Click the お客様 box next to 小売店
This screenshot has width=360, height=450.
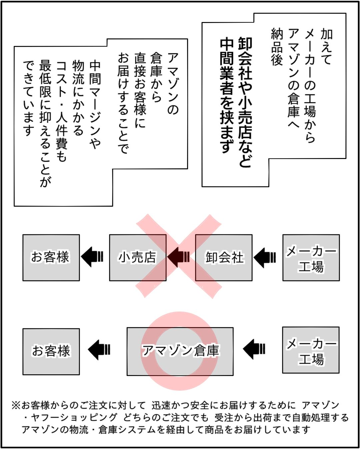51,257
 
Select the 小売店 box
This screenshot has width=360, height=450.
138,257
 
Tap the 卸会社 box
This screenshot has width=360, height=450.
224,257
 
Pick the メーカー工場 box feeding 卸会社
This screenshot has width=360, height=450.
311,257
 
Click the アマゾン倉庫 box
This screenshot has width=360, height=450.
180,351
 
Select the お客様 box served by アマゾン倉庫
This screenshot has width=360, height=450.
51,351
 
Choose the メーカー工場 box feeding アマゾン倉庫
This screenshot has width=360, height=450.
311,350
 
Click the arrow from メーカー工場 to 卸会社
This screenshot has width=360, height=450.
265,257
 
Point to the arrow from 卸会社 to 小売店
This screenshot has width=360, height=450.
179,257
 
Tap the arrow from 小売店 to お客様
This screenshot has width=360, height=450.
92,257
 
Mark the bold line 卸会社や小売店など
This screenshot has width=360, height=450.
245,102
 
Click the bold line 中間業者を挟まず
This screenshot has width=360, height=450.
227,95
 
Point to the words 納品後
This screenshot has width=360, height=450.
277,47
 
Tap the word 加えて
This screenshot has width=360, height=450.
327,47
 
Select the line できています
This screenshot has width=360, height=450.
29,98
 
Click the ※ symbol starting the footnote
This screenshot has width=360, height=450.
16,406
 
